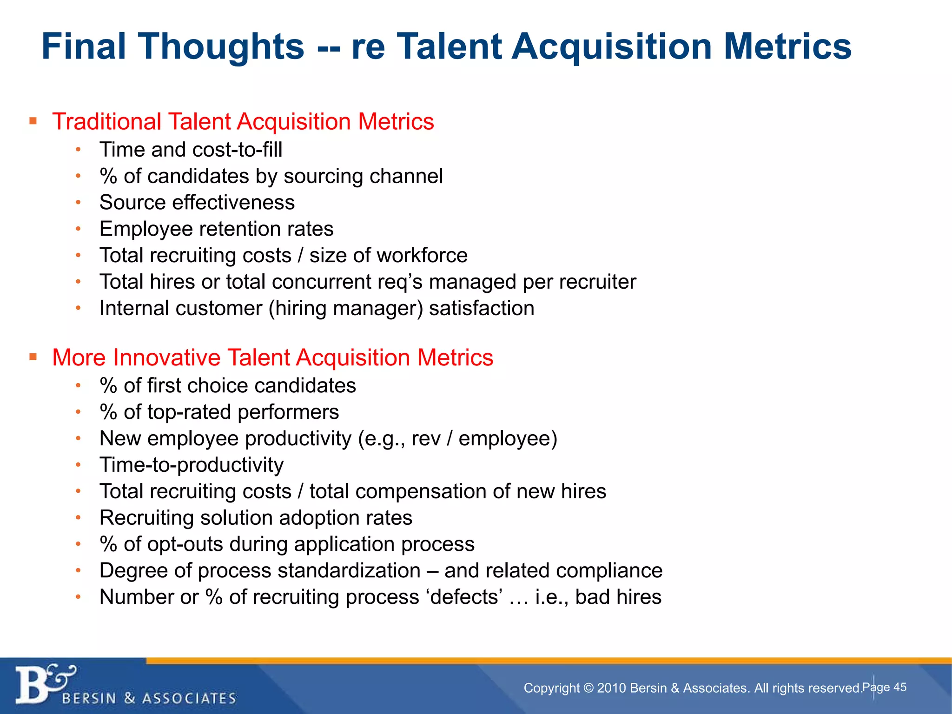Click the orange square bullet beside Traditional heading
coord(33,121)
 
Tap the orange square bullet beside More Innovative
coord(33,357)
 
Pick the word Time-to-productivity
coord(192,465)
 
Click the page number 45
coord(900,687)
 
